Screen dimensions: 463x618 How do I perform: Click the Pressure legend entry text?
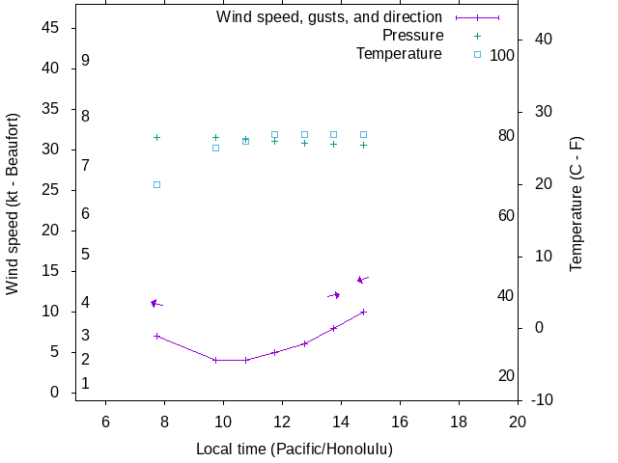click(412, 36)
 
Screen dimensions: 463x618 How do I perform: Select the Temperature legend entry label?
click(399, 54)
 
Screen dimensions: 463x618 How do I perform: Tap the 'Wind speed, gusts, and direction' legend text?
click(329, 17)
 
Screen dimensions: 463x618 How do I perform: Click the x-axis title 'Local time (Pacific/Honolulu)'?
click(295, 449)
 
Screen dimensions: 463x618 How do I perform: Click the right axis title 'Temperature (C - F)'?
click(576, 204)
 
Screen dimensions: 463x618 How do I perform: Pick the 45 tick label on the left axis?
click(52, 28)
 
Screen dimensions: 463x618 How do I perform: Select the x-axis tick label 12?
click(282, 421)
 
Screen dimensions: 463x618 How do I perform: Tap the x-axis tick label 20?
click(518, 421)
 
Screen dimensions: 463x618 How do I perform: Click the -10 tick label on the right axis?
click(542, 400)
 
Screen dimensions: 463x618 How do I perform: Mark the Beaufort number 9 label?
click(86, 61)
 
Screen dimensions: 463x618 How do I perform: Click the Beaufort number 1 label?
click(86, 383)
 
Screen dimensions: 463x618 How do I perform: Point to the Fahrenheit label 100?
click(502, 55)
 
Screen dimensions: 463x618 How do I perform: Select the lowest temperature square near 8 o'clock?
click(156, 184)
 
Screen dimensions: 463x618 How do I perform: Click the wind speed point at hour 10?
click(215, 360)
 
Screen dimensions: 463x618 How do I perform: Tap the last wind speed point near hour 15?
click(363, 312)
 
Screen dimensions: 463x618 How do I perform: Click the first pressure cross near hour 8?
click(156, 137)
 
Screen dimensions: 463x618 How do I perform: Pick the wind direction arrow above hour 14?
click(334, 295)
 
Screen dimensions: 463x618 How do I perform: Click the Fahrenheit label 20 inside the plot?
click(506, 375)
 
